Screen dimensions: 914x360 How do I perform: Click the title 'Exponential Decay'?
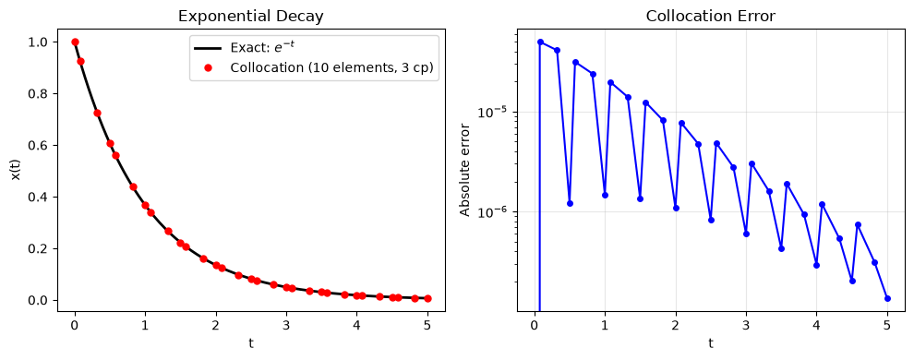pos(250,17)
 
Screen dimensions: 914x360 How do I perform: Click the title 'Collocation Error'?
pos(711,17)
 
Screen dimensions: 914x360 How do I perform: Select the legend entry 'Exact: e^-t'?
pos(253,48)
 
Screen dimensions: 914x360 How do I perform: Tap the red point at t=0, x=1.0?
pos(75,42)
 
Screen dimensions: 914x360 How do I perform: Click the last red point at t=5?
pos(427,298)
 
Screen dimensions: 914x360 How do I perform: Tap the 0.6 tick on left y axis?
pos(39,146)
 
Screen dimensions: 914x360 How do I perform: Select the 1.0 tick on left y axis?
pos(39,42)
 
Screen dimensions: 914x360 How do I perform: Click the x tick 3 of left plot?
pos(286,326)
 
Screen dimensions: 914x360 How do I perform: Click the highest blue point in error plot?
pos(540,42)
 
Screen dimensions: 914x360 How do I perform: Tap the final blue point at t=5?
pos(887,298)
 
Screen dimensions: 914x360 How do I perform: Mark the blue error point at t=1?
pos(605,195)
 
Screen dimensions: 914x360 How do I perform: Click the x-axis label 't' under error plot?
pos(711,343)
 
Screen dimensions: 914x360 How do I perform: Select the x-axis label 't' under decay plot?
pos(251,343)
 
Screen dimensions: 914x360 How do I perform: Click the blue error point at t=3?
pos(746,234)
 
